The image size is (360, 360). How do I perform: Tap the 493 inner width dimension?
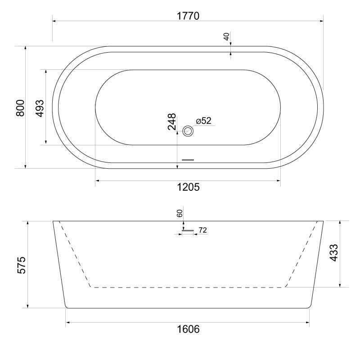(40, 108)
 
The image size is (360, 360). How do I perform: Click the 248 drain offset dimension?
(172, 121)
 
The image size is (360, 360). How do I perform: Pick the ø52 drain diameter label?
(203, 121)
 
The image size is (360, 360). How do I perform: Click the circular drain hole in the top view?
(188, 131)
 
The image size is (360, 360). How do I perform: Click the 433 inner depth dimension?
(334, 253)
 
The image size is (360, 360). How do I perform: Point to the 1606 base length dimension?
(188, 329)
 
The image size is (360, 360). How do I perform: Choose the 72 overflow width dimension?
(202, 230)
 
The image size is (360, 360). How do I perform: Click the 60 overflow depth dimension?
(180, 213)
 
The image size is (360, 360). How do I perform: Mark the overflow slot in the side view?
(188, 231)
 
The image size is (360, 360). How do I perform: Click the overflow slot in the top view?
(188, 159)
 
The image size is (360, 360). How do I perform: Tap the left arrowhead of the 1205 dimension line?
(98, 181)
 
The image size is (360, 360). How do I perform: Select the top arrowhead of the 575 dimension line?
(28, 224)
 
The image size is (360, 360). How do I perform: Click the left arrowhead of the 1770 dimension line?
(55, 20)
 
